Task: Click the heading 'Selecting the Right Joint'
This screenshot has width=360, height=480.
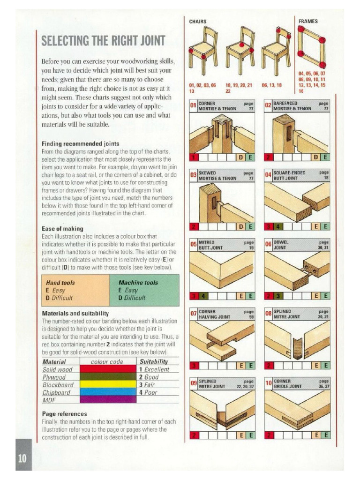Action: tap(104, 41)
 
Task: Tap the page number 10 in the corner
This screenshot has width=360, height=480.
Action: tap(23, 458)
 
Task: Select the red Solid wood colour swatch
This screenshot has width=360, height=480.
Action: tap(106, 369)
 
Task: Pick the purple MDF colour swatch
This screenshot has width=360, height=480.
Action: tap(106, 399)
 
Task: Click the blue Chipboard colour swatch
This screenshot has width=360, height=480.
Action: tap(106, 392)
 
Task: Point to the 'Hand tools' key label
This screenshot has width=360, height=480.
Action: tap(60, 283)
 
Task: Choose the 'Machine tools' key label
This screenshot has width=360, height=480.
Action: tap(138, 283)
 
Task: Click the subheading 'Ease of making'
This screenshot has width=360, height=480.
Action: tap(62, 229)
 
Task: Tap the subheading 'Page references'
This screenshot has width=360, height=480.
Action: tap(64, 414)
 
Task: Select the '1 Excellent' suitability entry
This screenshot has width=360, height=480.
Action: tap(154, 369)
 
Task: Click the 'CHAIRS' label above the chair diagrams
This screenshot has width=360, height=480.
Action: tap(198, 22)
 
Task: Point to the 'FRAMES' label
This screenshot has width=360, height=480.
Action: tap(308, 22)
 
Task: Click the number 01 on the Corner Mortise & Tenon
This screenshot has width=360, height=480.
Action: tap(193, 106)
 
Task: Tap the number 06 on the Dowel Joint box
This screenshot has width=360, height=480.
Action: tap(268, 244)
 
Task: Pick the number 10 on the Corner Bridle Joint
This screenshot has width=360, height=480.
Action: tap(268, 384)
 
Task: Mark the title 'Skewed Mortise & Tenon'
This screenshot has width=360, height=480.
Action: tap(217, 176)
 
